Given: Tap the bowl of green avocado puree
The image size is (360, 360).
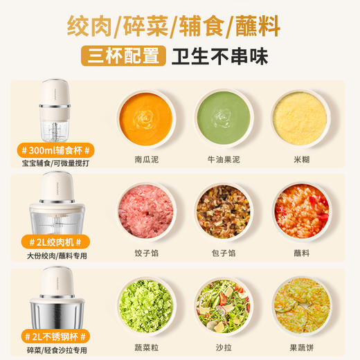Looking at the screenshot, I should tap(223, 118).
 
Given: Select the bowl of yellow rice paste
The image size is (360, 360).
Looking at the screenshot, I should tap(300, 118).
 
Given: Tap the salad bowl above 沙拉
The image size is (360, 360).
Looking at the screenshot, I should tap(223, 303).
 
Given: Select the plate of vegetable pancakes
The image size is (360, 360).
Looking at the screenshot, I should tap(300, 303).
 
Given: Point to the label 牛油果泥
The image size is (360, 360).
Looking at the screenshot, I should tap(223, 161).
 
